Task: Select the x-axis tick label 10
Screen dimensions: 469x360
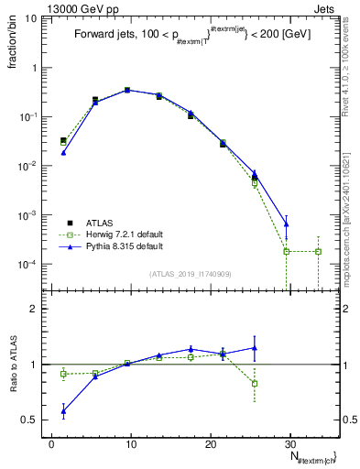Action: click(131, 444)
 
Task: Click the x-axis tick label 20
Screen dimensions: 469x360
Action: click(211, 444)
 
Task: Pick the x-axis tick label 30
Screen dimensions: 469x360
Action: click(290, 444)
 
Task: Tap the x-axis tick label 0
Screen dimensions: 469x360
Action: click(52, 444)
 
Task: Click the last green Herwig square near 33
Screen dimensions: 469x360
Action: click(318, 251)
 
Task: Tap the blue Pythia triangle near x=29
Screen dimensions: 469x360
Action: click(287, 224)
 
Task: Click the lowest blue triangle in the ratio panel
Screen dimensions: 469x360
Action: click(63, 411)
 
